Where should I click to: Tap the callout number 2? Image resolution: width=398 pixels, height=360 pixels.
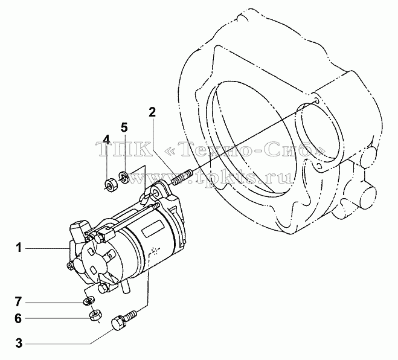(x=152, y=112)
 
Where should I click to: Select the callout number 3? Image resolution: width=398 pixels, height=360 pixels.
(x=19, y=343)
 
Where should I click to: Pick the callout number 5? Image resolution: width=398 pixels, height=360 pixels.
(x=124, y=127)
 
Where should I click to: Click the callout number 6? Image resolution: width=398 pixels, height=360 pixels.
(x=18, y=318)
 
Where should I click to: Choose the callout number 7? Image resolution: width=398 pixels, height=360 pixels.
(x=18, y=302)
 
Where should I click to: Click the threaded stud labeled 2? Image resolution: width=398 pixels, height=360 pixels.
(x=182, y=178)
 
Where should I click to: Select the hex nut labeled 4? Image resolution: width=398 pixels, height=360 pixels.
(x=110, y=185)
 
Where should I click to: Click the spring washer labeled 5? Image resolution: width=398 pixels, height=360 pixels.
(x=124, y=177)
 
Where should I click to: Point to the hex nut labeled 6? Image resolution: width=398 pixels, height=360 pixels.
(x=95, y=315)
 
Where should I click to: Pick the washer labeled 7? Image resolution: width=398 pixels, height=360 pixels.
(x=89, y=301)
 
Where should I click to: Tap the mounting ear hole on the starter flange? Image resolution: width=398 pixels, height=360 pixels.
(x=155, y=194)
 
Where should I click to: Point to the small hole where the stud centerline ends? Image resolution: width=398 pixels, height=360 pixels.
(x=316, y=100)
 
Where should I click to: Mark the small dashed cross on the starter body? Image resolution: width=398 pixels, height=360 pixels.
(x=155, y=251)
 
